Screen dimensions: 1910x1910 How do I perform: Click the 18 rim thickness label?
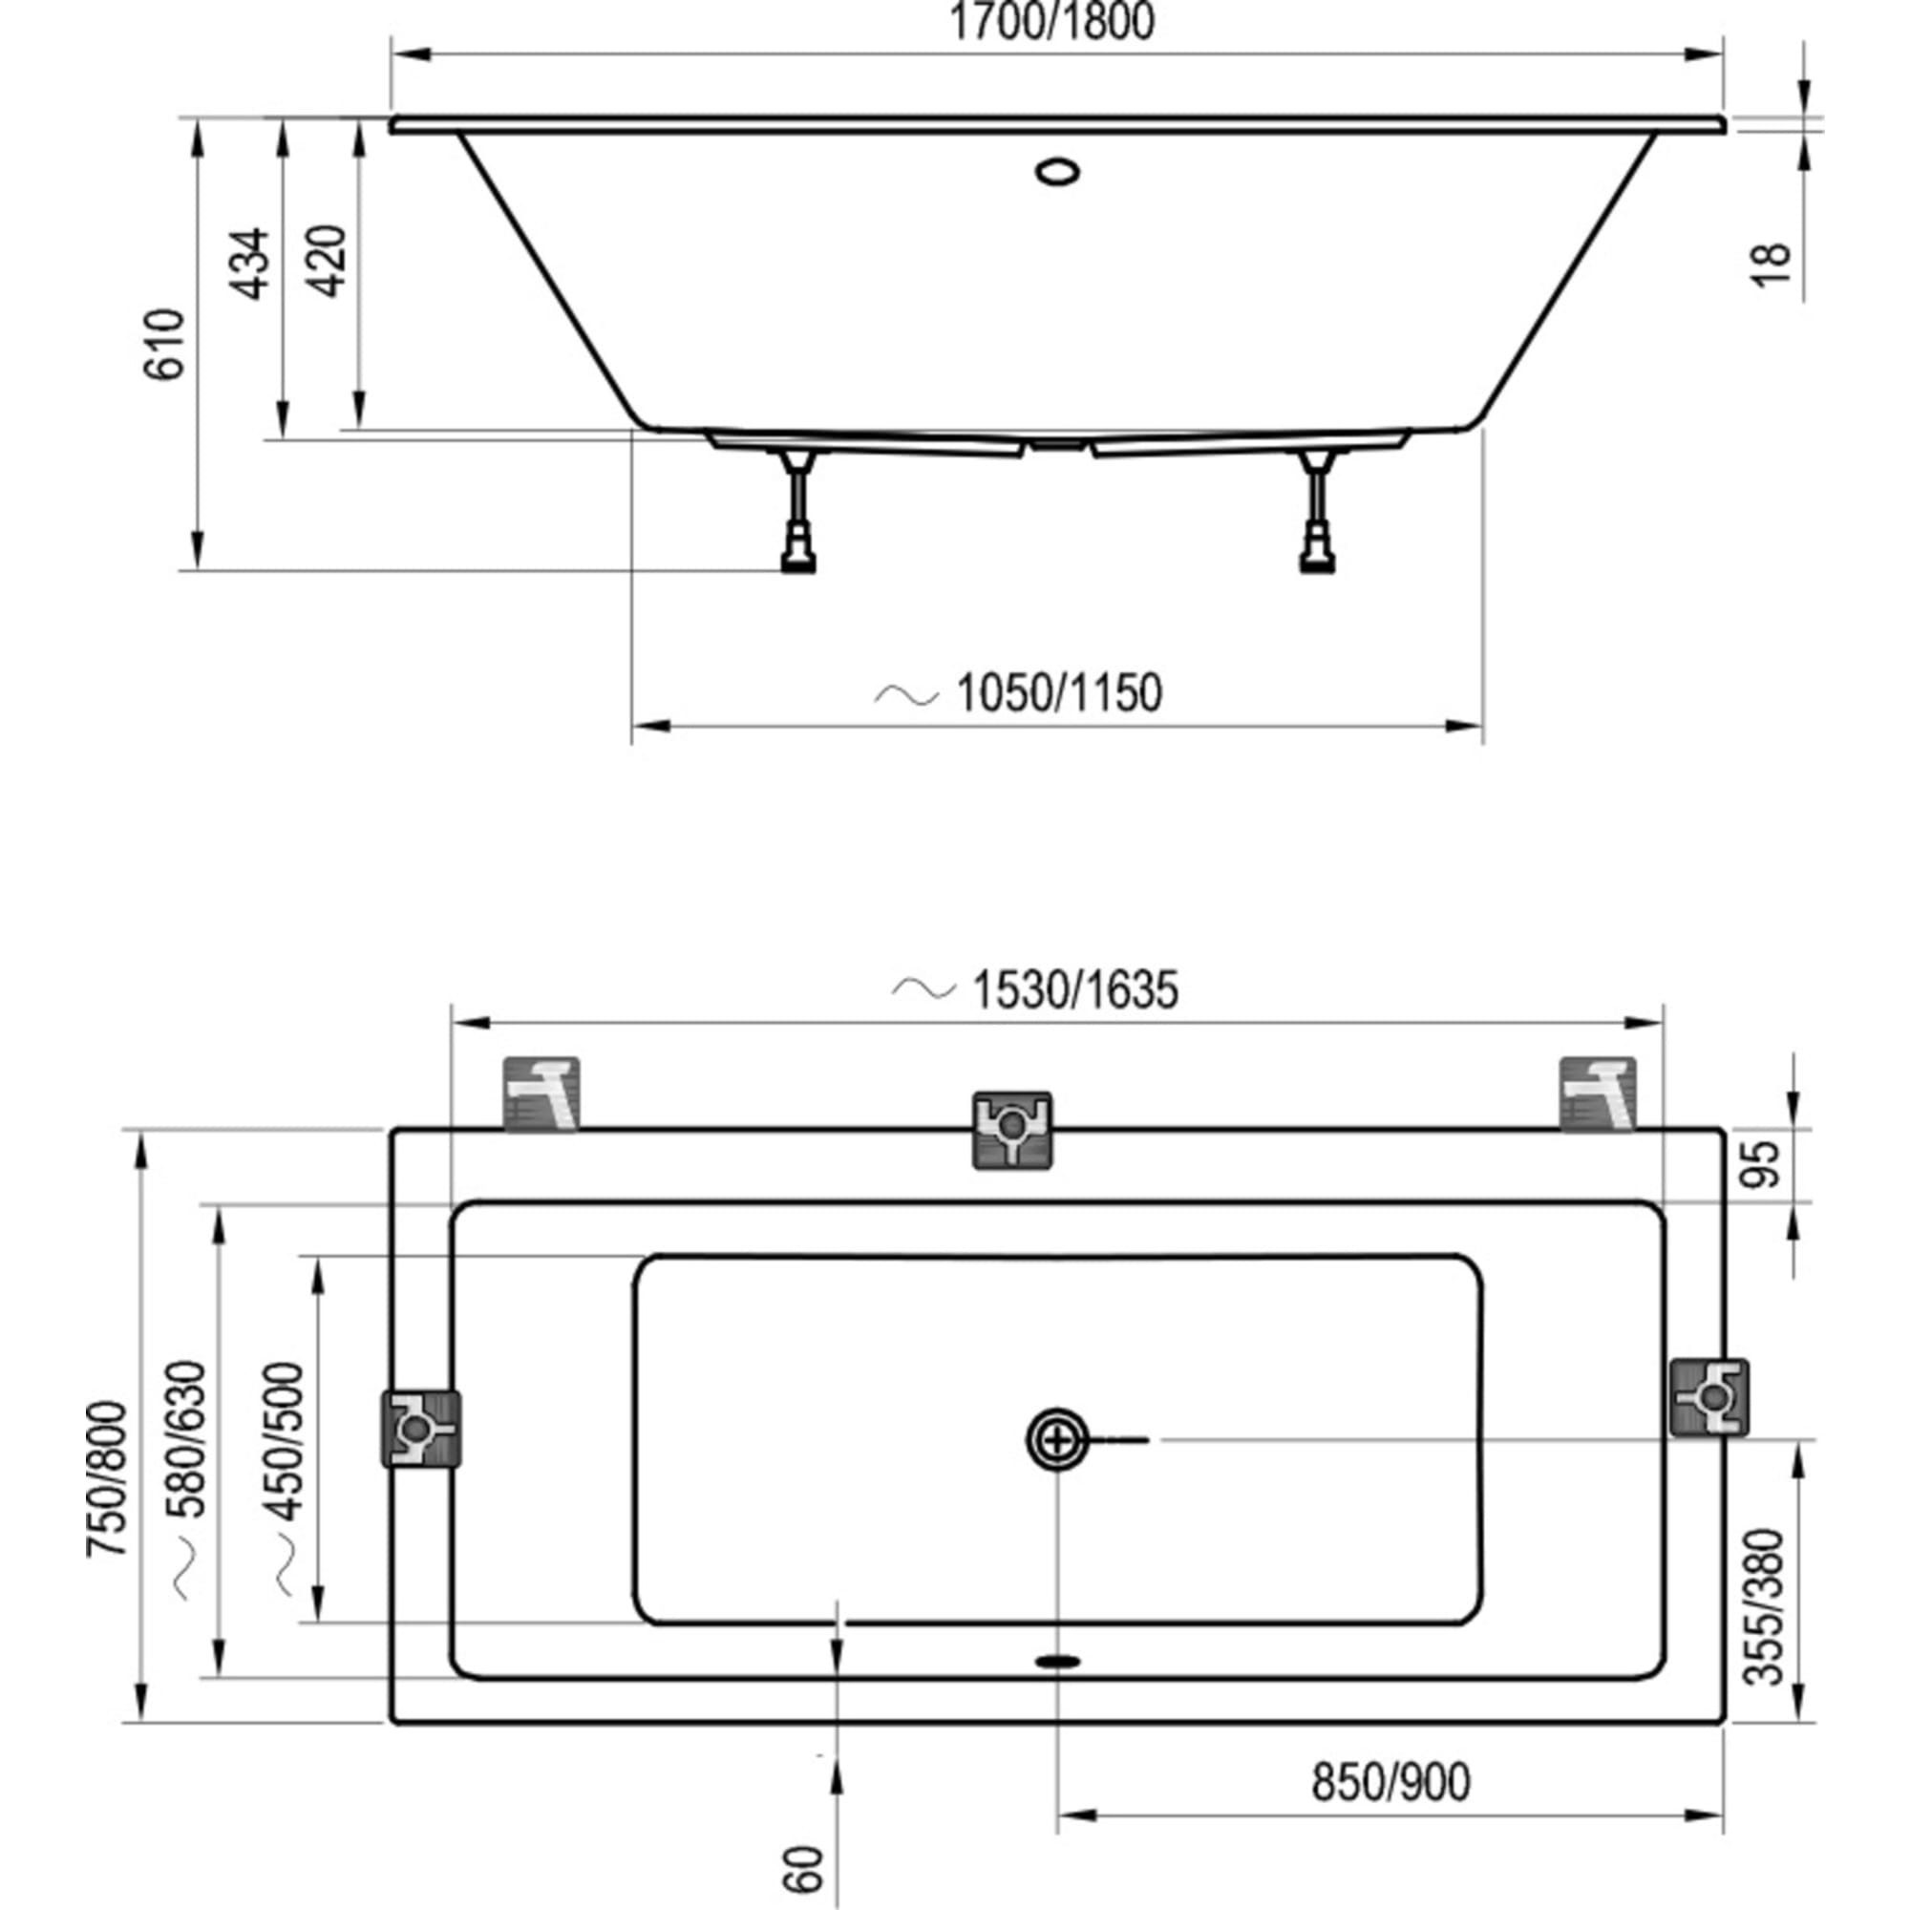[x=1774, y=264]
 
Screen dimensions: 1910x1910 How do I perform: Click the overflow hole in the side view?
[x=1058, y=172]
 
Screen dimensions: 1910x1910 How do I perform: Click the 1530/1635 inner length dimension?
[x=1075, y=990]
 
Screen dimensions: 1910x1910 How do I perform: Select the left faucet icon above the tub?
[x=541, y=1094]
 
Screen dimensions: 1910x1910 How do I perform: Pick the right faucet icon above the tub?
[x=1598, y=1094]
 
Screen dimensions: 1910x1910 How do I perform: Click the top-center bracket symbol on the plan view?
[x=1012, y=1130]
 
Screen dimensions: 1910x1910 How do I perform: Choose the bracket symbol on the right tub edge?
[x=1708, y=1398]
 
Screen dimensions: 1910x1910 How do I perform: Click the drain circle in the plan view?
[x=1058, y=1439]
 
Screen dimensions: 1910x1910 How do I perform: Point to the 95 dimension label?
[x=1768, y=1163]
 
